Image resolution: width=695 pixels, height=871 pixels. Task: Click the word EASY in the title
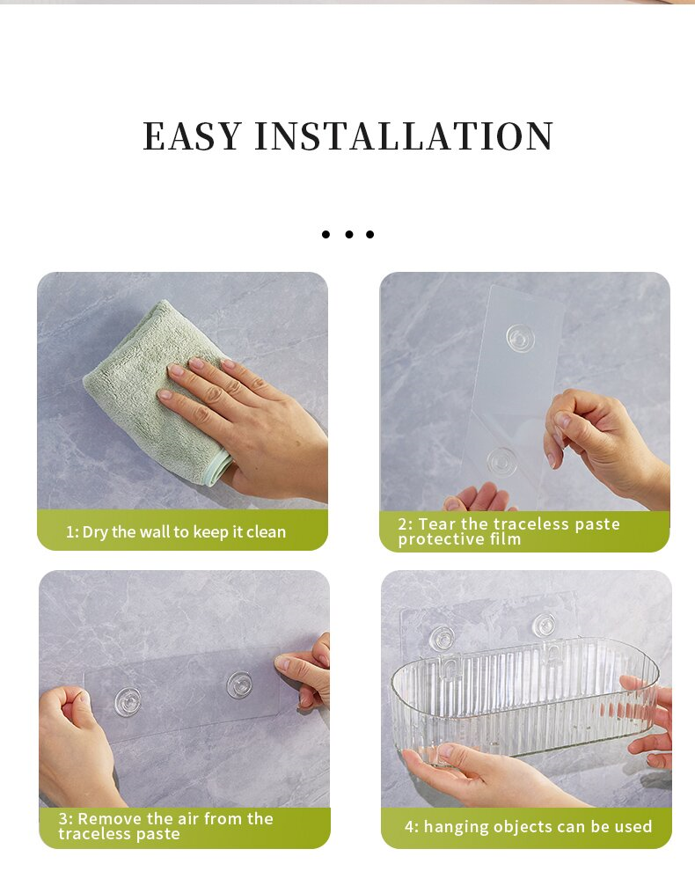(192, 136)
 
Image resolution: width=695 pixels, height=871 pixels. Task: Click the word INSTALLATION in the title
(405, 136)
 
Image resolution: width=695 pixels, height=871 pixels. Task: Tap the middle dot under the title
(348, 234)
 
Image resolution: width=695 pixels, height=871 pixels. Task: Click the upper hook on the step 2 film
(518, 336)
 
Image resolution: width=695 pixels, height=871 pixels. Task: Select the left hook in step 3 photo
(128, 700)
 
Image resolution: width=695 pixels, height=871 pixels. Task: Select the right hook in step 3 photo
(239, 684)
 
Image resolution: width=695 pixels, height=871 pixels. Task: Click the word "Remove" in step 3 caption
(107, 818)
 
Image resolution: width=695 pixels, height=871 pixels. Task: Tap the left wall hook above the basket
(442, 638)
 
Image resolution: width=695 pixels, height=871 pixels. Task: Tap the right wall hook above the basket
(545, 626)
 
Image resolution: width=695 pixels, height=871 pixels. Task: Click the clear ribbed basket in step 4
(519, 695)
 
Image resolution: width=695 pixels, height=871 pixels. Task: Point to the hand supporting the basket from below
(475, 774)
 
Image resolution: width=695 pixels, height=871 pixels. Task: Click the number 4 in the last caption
(409, 827)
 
